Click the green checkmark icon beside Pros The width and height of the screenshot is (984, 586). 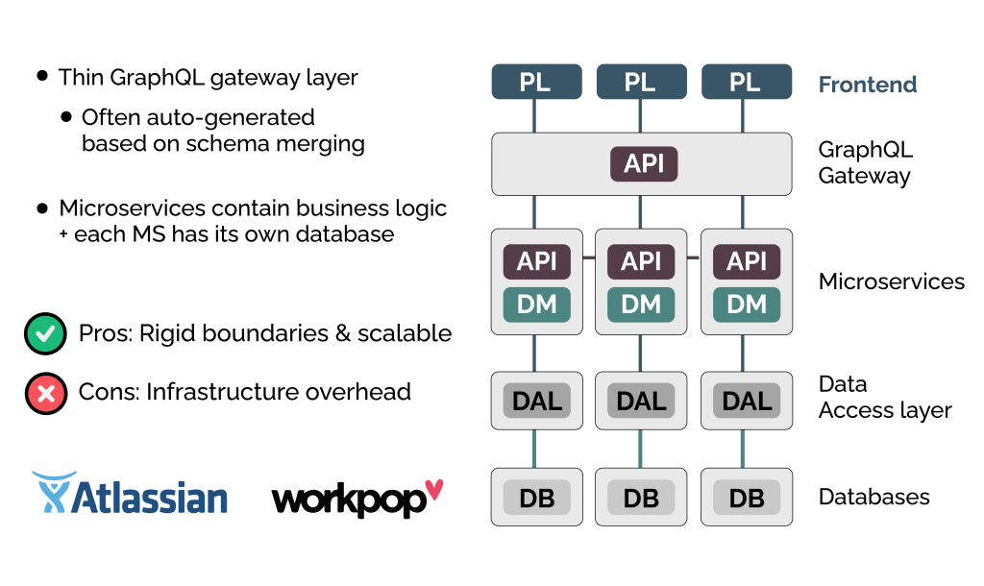(x=44, y=334)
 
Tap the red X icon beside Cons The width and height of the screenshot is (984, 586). (x=44, y=393)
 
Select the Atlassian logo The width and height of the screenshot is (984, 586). (x=131, y=494)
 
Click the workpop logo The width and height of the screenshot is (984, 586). (x=357, y=498)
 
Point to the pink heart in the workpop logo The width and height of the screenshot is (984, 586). (x=434, y=490)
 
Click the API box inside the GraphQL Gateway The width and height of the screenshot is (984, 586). (x=644, y=163)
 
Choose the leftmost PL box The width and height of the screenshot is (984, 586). (x=536, y=82)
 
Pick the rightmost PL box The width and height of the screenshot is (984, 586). (x=747, y=82)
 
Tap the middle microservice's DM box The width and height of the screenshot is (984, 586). (x=641, y=305)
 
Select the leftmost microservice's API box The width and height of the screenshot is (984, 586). (x=536, y=261)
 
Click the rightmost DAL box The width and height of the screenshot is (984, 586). (x=747, y=400)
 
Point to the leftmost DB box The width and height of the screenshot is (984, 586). (x=536, y=498)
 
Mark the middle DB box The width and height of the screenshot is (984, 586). (x=641, y=498)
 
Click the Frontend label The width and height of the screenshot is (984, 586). (x=868, y=85)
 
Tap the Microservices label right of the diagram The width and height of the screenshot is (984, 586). (x=891, y=281)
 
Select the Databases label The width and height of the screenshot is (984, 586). (x=873, y=498)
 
